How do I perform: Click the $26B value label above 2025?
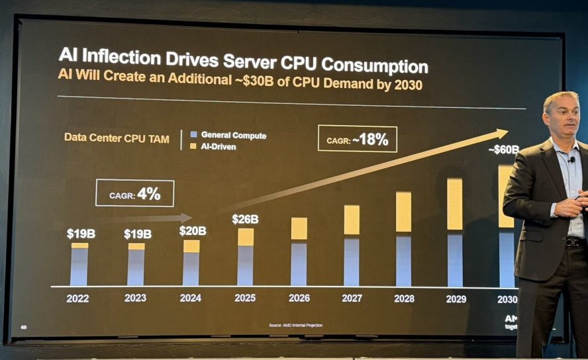coord(245,219)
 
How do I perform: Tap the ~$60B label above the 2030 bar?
coord(503,150)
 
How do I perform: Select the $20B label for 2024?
coord(192,231)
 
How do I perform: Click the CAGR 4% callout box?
coord(134,193)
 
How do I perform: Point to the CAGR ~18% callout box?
coord(357,140)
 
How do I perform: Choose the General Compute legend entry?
coord(228,135)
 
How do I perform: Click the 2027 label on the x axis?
coord(352,298)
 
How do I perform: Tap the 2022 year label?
coord(77,298)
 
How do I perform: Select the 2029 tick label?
coord(456,299)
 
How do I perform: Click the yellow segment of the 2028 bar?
coord(403,212)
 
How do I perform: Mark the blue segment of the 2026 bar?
coord(299,263)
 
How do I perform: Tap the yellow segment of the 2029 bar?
coord(454,204)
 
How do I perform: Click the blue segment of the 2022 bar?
coord(79,267)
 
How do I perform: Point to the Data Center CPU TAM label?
coord(117,138)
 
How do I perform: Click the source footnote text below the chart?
coord(295,326)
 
